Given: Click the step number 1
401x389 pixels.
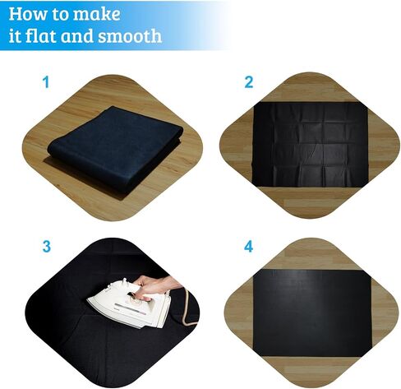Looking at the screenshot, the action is [x=46, y=82].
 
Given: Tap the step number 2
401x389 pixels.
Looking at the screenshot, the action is [x=249, y=82].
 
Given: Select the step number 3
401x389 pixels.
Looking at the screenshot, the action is [x=47, y=246].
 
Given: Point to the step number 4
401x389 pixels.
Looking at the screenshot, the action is [x=248, y=247].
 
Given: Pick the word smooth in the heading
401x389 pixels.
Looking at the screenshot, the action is [x=130, y=36].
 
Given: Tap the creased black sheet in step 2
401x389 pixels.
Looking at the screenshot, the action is [x=310, y=144].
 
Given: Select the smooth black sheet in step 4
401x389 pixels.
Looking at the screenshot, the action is [x=312, y=313].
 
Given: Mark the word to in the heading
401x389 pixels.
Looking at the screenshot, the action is [x=58, y=14].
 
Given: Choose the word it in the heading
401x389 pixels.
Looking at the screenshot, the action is [x=15, y=36].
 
